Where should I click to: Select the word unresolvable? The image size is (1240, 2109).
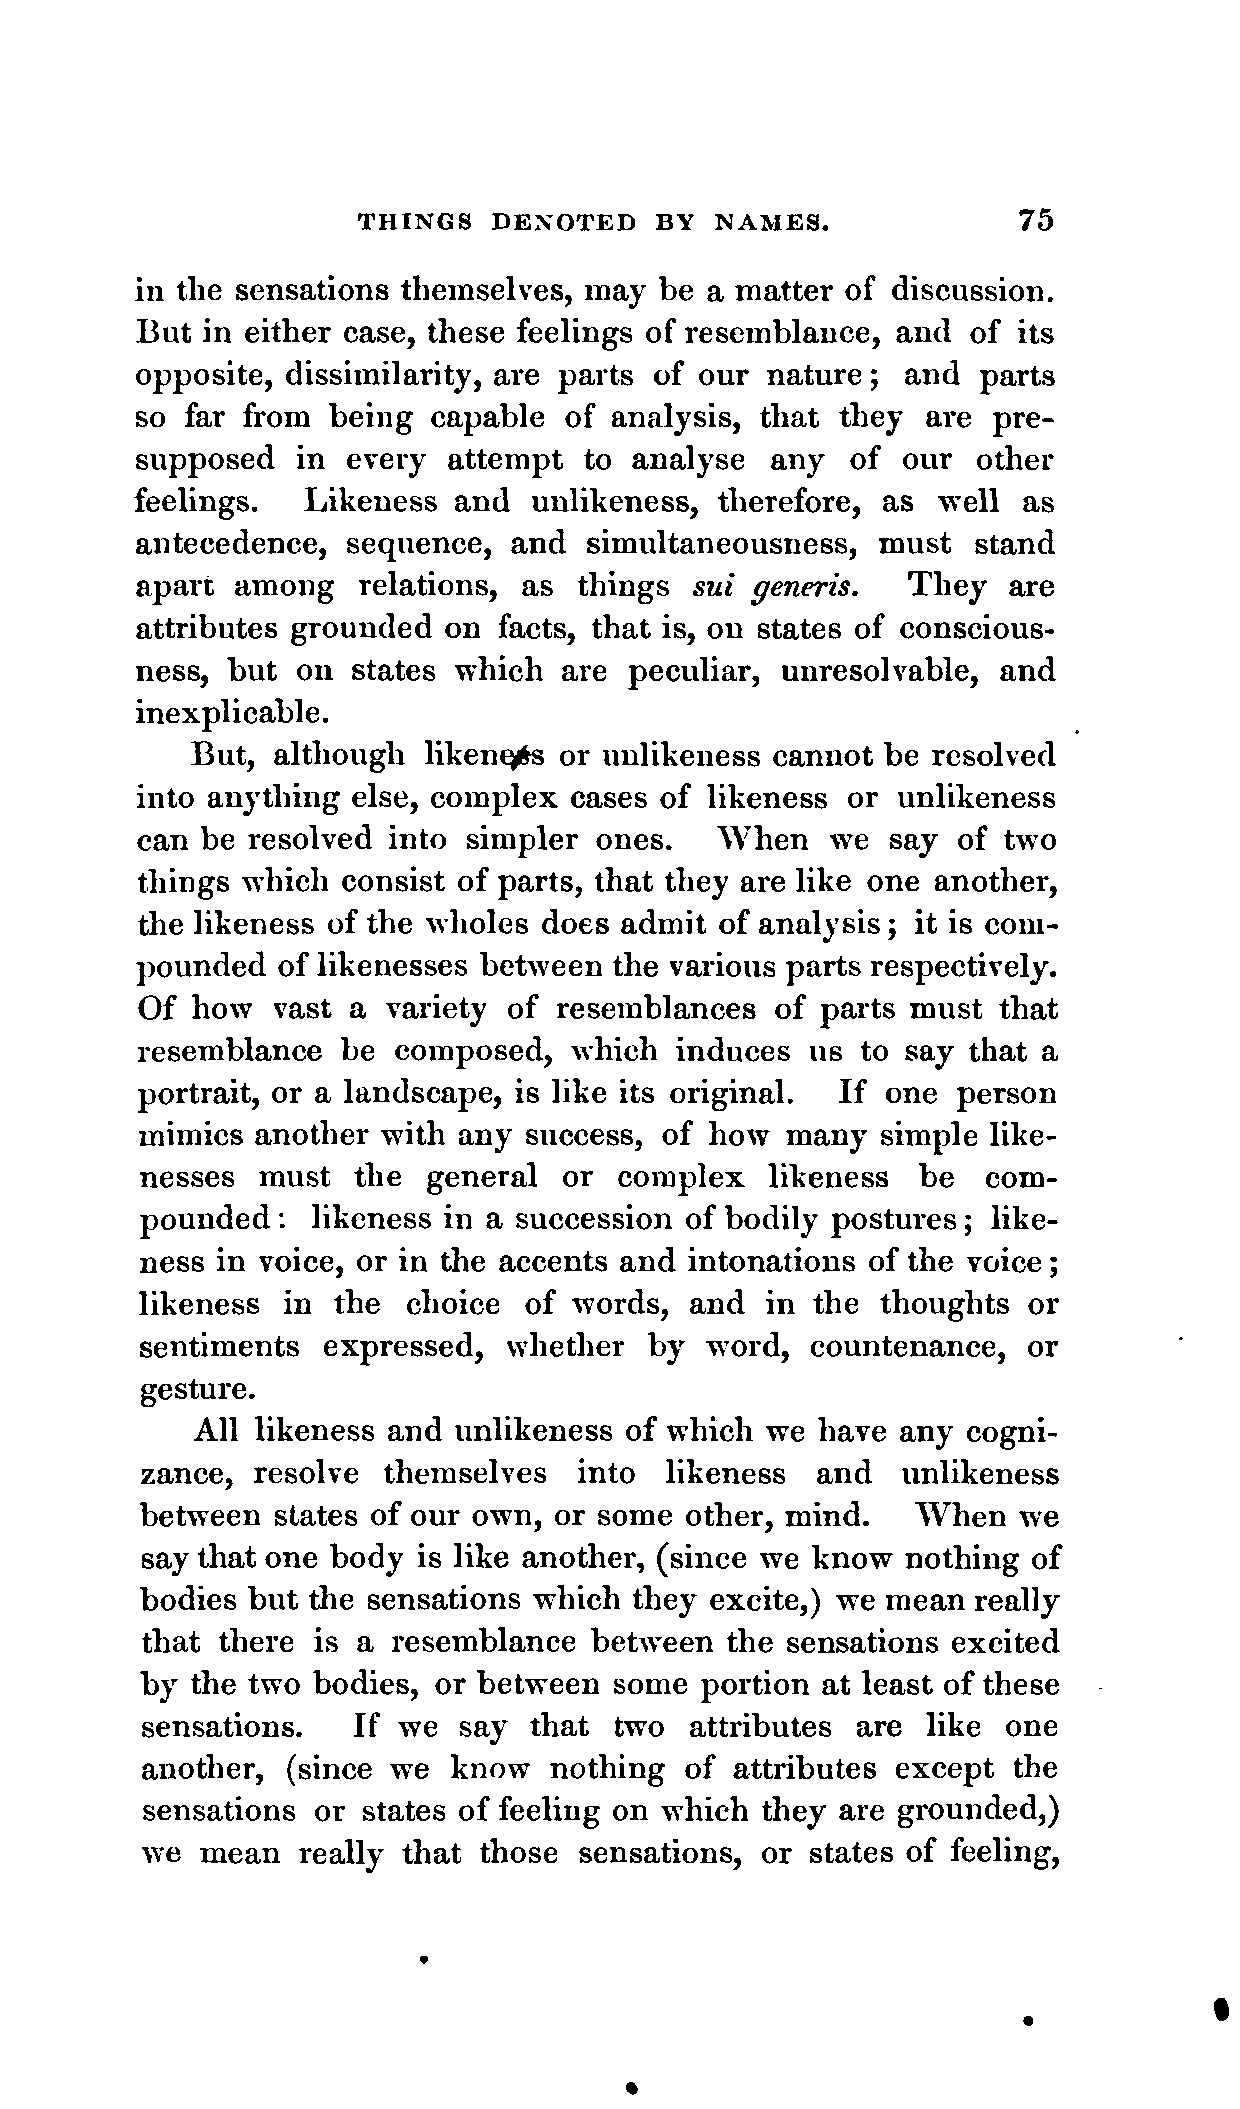click(876, 671)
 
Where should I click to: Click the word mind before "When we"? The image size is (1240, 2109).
click(825, 1517)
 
